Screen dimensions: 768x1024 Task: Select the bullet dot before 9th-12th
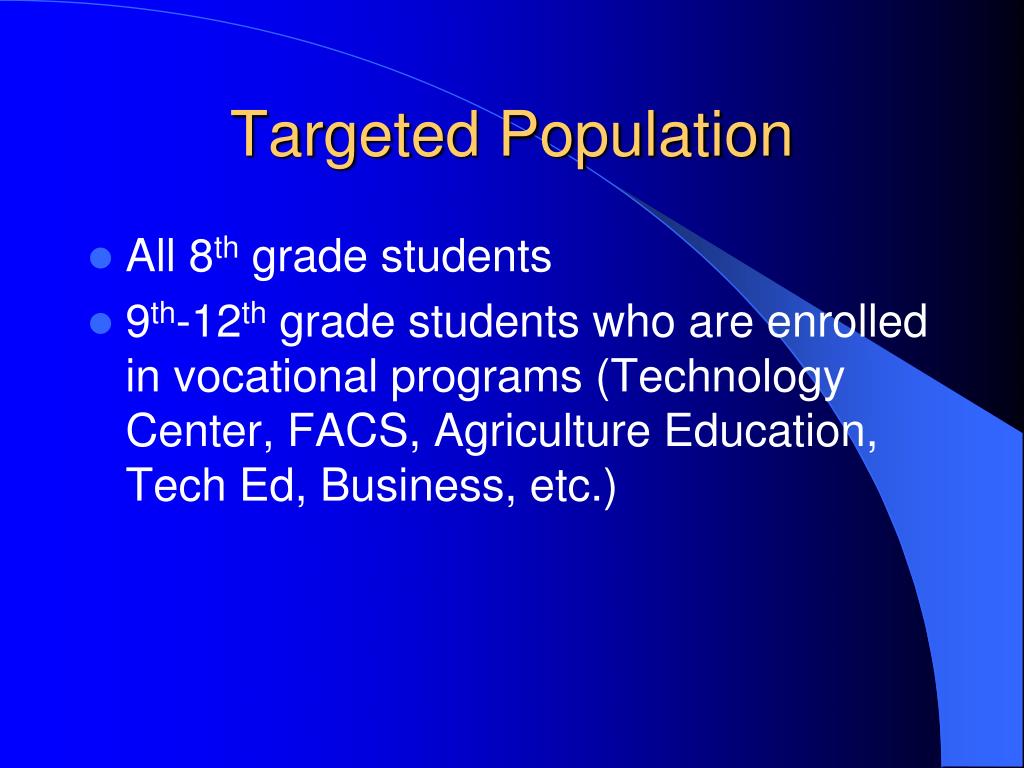[99, 324]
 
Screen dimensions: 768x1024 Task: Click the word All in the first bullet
[150, 258]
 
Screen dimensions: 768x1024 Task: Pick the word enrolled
[846, 323]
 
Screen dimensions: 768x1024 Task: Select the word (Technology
[720, 378]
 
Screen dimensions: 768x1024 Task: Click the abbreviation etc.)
[570, 486]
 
